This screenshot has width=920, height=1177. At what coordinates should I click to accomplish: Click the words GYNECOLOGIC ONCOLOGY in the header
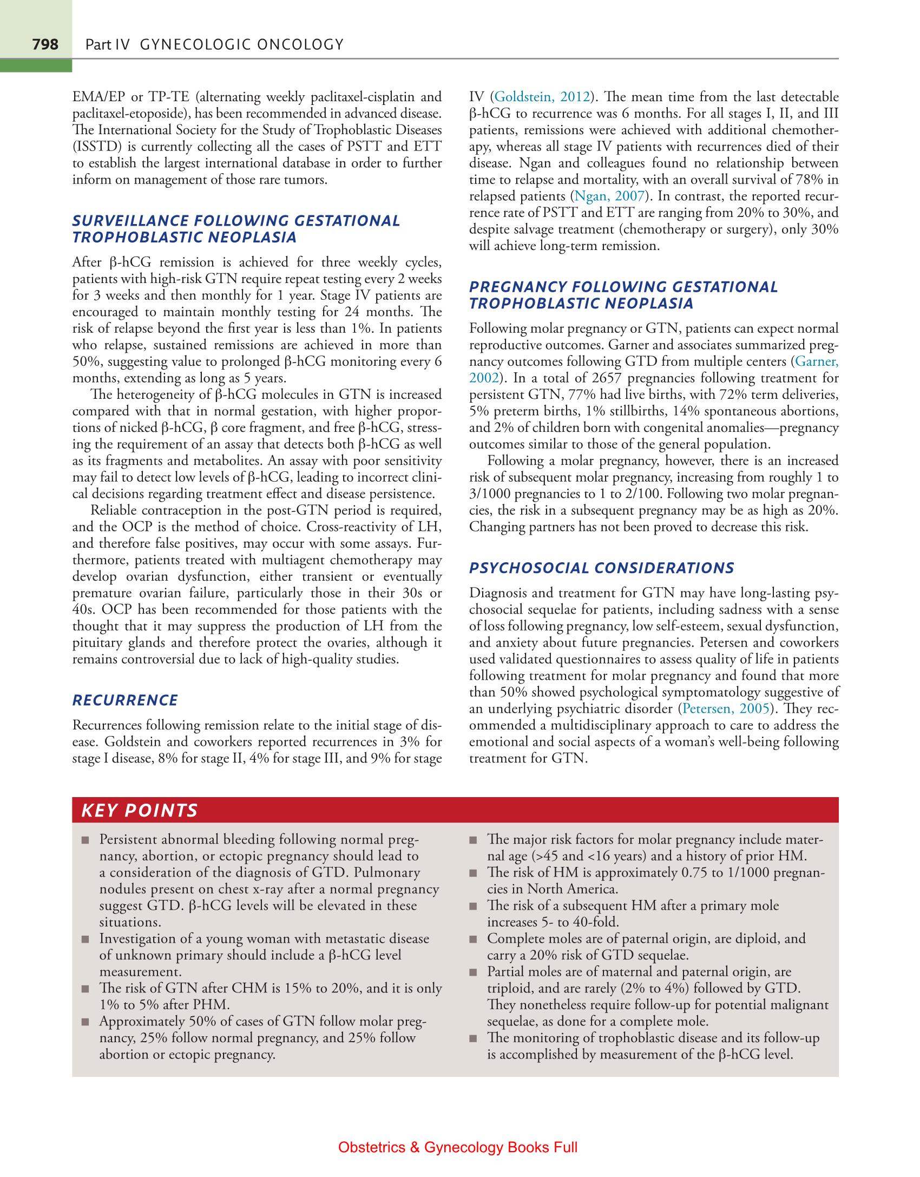point(241,44)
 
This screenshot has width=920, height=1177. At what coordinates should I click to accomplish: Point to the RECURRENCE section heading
point(125,700)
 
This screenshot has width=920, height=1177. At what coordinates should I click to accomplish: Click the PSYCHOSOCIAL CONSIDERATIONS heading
point(601,568)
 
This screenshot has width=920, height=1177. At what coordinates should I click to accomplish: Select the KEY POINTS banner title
point(139,810)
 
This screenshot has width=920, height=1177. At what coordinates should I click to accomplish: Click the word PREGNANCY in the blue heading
point(518,287)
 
